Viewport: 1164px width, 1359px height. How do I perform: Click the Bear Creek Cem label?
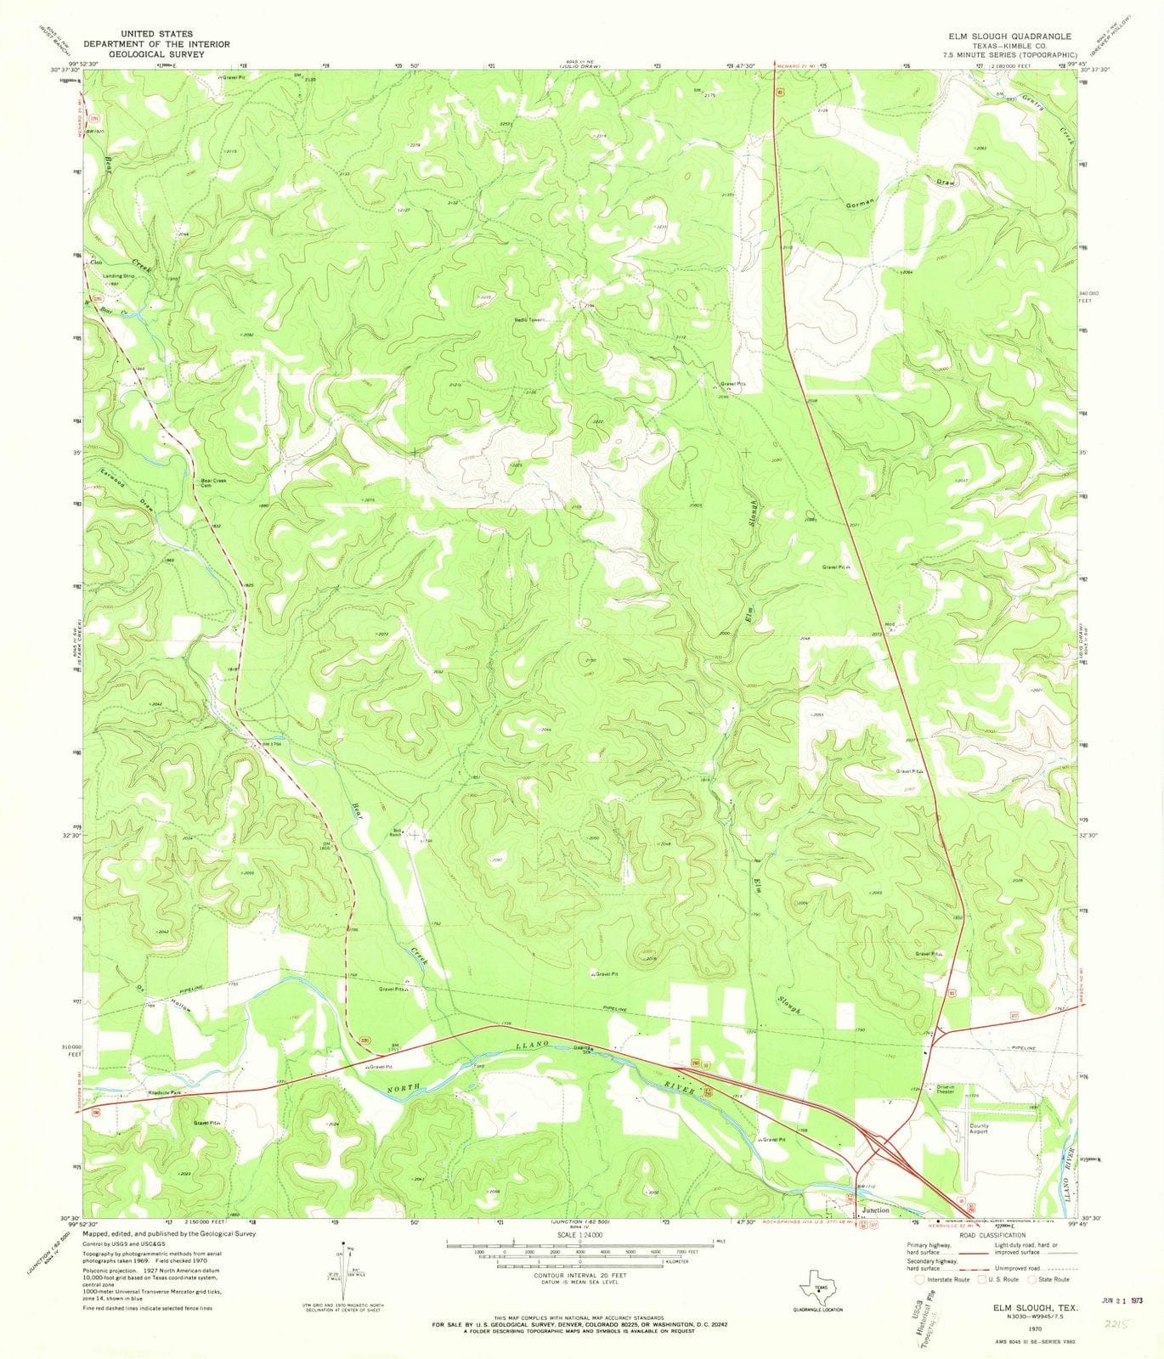tap(213, 483)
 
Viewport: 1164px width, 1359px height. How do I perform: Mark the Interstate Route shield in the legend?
tap(919, 1278)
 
